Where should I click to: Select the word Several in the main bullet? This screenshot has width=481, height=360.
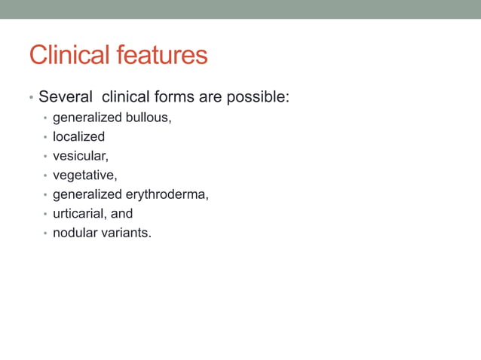tap(66, 97)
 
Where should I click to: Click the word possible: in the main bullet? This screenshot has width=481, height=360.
tap(257, 98)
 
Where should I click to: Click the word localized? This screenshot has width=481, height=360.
tap(78, 137)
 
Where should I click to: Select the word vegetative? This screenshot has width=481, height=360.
tap(84, 175)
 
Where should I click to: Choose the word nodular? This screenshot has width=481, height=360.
tap(74, 233)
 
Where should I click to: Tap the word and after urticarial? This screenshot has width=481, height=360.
tap(121, 214)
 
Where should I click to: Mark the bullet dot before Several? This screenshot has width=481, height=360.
tap(30, 99)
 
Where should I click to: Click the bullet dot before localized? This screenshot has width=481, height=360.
tap(45, 138)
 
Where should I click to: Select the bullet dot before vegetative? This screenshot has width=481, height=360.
tap(45, 176)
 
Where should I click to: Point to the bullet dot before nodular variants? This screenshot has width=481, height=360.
tap(45, 233)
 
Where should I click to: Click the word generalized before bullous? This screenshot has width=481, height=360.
tap(86, 117)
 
